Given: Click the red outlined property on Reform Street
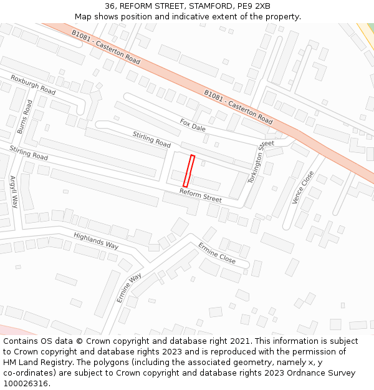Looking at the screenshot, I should (x=189, y=171).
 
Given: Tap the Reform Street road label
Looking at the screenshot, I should (x=201, y=195).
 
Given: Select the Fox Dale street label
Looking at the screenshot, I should (x=193, y=125).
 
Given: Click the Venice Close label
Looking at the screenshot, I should (x=303, y=187).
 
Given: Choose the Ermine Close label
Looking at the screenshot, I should (x=217, y=252).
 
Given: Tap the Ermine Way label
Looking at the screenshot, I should (x=129, y=288).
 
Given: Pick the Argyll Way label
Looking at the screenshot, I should (x=14, y=192).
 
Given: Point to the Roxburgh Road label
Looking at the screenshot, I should (x=33, y=85).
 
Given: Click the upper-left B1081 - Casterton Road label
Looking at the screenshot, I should (x=106, y=47).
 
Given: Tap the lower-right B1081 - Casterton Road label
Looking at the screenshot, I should (x=238, y=106).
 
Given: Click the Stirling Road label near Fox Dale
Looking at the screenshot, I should (x=151, y=139).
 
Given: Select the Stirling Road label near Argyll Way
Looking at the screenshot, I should (x=29, y=152).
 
